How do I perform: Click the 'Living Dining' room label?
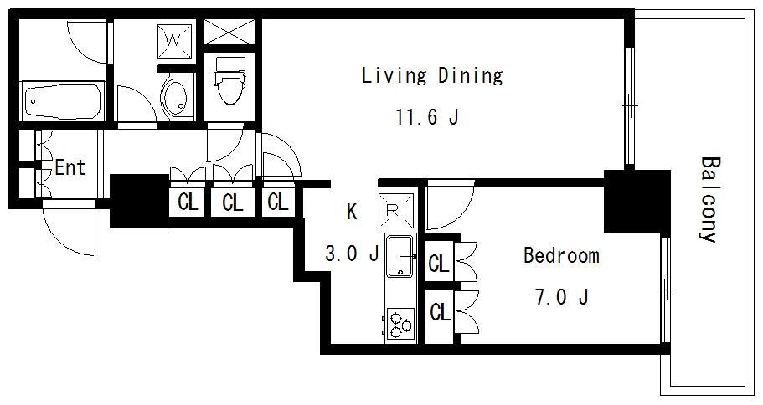tap(432, 76)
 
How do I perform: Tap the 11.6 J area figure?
tap(428, 117)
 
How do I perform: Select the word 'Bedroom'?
tap(561, 255)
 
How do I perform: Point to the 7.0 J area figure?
tap(562, 296)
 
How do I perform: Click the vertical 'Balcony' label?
tap(709, 199)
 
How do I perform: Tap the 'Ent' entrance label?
tap(70, 167)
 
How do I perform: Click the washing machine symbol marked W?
tap(173, 41)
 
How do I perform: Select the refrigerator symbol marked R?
tap(396, 210)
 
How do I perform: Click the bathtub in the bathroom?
tap(62, 102)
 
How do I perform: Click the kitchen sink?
tap(400, 256)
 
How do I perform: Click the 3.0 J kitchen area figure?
tap(351, 254)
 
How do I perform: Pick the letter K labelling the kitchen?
tap(352, 212)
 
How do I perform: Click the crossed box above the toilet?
tap(229, 32)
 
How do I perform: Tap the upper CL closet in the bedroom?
tap(440, 263)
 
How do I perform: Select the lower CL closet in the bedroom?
tap(440, 311)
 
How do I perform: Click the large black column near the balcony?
tap(637, 202)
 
